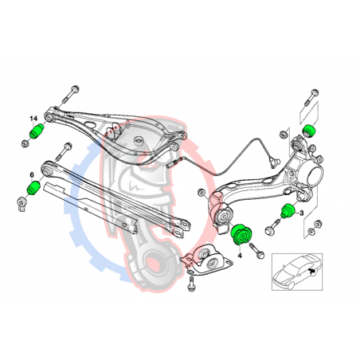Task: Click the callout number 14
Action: coord(33,119)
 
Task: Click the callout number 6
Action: coord(32,174)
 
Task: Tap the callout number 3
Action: coord(301,213)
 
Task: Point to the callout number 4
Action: coord(240,256)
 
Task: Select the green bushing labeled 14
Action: coord(37,131)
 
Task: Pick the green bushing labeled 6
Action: coord(33,187)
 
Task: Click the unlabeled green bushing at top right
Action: coord(309,131)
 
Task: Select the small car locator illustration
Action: coord(296,272)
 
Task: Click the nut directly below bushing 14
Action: coord(25,143)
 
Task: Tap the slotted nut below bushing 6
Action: coord(21,204)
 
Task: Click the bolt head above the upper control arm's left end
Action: coord(75,88)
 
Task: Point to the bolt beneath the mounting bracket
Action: coord(191,284)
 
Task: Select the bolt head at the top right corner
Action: coord(315,93)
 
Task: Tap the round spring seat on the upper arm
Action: coord(139,141)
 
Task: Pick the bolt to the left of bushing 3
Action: coord(272,226)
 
